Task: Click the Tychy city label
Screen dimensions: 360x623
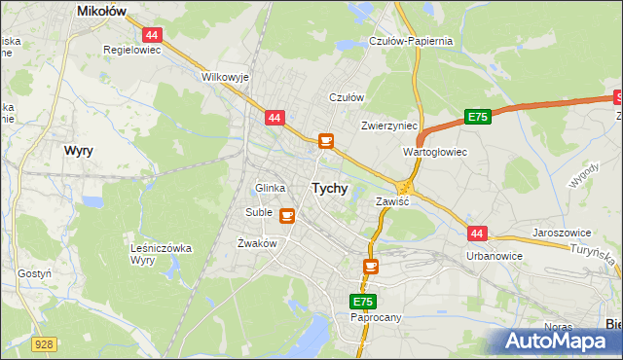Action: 329,188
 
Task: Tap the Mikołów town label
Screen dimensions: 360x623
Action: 103,12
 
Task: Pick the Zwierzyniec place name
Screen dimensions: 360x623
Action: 388,126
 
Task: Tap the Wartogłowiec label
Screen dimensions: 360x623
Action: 435,153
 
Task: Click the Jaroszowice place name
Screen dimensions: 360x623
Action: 564,234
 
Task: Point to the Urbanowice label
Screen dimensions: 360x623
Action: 495,256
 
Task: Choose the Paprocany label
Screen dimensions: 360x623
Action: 375,317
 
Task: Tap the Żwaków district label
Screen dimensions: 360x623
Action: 258,243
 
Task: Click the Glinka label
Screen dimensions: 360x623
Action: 269,188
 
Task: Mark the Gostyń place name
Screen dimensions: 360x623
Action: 34,274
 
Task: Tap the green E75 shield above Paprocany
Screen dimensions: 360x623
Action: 363,303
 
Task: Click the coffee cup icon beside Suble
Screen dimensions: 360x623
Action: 287,214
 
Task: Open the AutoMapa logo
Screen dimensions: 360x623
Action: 560,342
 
